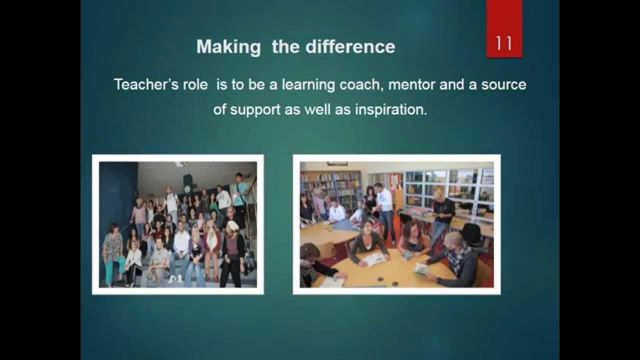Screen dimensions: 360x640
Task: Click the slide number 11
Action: click(504, 44)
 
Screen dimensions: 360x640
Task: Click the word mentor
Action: click(412, 84)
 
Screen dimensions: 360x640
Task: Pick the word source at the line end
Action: click(504, 84)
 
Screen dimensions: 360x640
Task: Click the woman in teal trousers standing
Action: click(112, 252)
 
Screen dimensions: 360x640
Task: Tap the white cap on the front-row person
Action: click(233, 226)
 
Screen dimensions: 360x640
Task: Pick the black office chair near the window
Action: click(471, 234)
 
